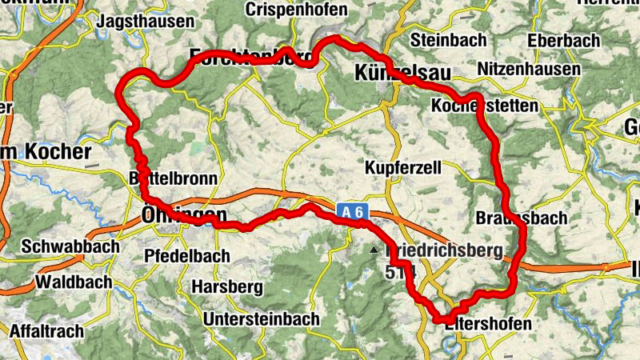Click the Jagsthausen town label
145,22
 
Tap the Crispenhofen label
297,10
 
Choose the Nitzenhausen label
528,70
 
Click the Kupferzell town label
404,168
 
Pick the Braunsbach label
521,218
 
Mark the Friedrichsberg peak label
445,251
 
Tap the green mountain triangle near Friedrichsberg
374,250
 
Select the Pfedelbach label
188,256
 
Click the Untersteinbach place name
262,318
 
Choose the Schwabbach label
71,246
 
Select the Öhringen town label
183,215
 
